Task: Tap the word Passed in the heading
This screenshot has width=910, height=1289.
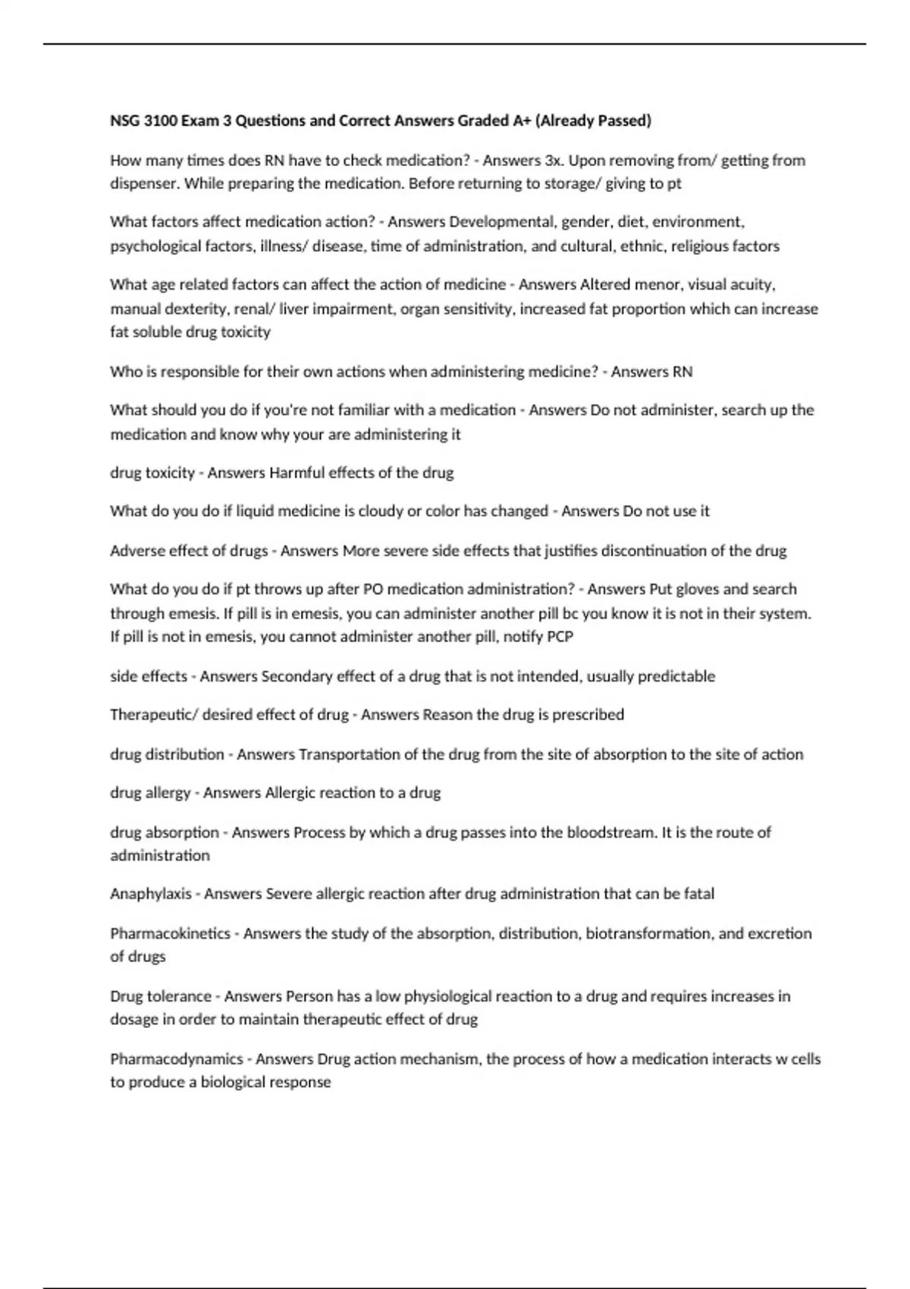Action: click(623, 121)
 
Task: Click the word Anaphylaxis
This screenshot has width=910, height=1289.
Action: click(150, 894)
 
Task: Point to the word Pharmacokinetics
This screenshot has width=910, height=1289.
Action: click(170, 933)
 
